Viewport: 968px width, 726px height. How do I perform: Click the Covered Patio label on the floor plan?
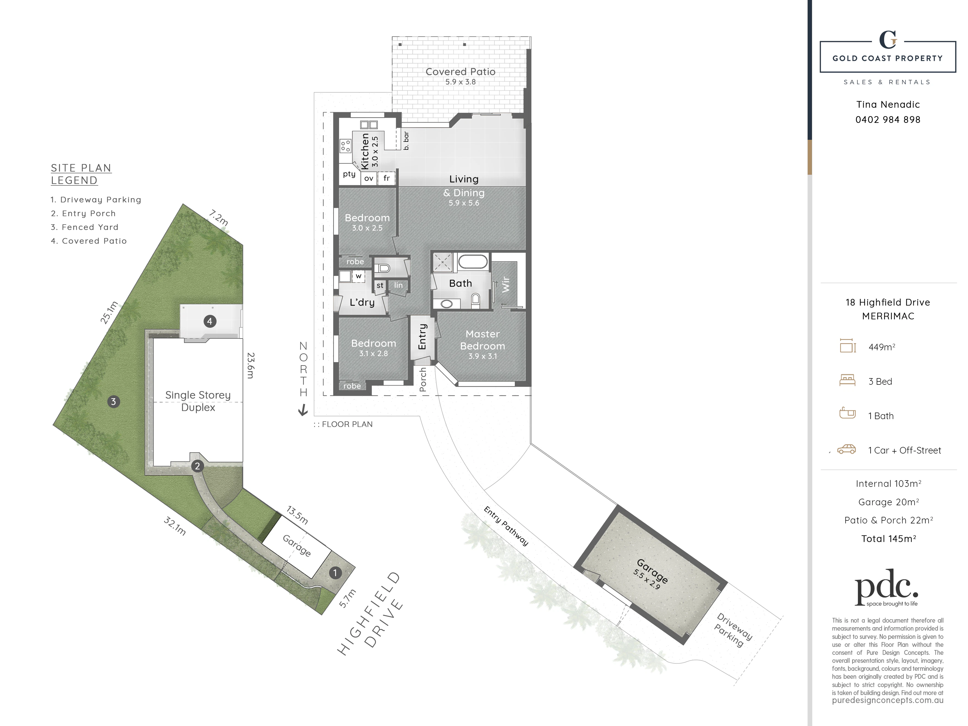[x=460, y=72]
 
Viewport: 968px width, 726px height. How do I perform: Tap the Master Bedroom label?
[x=483, y=340]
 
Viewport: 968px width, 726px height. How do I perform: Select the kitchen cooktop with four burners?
[x=345, y=146]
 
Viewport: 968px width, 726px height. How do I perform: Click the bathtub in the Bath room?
[x=473, y=262]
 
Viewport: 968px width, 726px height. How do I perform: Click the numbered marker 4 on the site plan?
[x=210, y=321]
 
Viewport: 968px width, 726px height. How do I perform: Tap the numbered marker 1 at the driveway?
[x=335, y=572]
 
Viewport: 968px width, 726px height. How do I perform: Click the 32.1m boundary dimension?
[x=175, y=526]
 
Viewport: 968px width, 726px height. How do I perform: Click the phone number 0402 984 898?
[x=888, y=119]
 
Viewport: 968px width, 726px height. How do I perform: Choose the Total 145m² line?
[x=888, y=539]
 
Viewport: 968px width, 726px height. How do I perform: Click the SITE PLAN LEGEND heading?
[x=81, y=174]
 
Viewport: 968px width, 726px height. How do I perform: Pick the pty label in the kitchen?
[x=349, y=174]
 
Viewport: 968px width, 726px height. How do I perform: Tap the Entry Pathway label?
[x=506, y=526]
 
